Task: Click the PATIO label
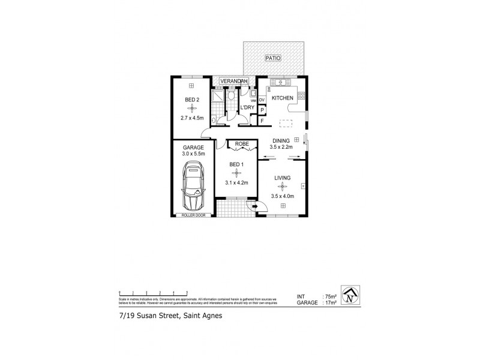[x=274, y=58]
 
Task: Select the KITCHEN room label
[x=283, y=98]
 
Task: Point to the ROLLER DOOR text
[x=193, y=215]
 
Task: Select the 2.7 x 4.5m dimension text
[x=192, y=118]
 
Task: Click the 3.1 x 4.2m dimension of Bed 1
[x=237, y=182]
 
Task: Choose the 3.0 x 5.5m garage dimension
[x=193, y=154]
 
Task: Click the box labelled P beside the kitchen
[x=262, y=110]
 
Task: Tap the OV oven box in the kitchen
[x=262, y=100]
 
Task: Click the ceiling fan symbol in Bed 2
[x=192, y=107]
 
